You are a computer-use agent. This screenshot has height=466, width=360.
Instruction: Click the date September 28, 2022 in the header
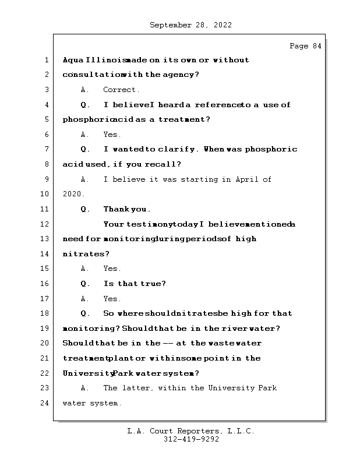click(190, 25)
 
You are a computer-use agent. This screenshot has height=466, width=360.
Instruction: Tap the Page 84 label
click(305, 46)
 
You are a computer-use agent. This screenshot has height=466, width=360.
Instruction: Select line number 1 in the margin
click(45, 60)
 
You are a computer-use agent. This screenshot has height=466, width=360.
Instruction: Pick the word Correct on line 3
click(121, 90)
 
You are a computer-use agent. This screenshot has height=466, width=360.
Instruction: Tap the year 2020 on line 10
click(73, 195)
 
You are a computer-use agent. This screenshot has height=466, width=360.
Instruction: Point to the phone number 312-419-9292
click(191, 440)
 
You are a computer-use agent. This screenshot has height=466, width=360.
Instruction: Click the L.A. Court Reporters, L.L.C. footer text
click(191, 431)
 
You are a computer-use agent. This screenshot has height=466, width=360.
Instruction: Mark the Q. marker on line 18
click(85, 313)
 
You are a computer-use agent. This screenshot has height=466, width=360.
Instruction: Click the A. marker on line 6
click(85, 135)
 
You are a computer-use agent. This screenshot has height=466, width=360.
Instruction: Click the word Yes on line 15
click(111, 269)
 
